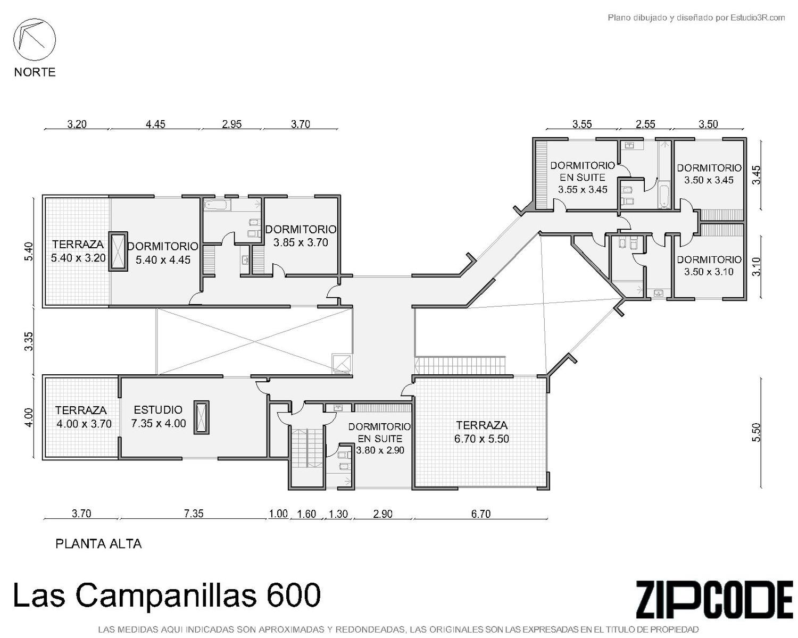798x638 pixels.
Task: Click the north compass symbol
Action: (x=35, y=39)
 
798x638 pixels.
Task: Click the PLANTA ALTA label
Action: (x=98, y=544)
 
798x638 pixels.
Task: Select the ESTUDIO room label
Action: (x=158, y=409)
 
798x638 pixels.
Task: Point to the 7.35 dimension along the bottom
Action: (x=194, y=514)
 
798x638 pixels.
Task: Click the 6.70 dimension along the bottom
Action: (x=480, y=514)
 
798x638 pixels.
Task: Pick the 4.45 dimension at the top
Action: (x=155, y=124)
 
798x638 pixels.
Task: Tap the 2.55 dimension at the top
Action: (x=645, y=124)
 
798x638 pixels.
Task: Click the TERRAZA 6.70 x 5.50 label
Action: (x=481, y=432)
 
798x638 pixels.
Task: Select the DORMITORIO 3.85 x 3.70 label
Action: (x=301, y=236)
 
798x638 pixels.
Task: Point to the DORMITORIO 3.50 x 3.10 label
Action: (x=709, y=265)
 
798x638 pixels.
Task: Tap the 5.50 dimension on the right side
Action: (x=756, y=432)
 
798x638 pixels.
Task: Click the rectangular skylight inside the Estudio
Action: (x=201, y=417)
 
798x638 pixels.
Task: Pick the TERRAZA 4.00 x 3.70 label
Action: (x=84, y=417)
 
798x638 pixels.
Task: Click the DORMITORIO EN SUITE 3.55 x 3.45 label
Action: (x=582, y=177)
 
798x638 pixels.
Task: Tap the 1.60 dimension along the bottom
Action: (x=306, y=514)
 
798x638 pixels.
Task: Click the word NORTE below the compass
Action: (x=35, y=72)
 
